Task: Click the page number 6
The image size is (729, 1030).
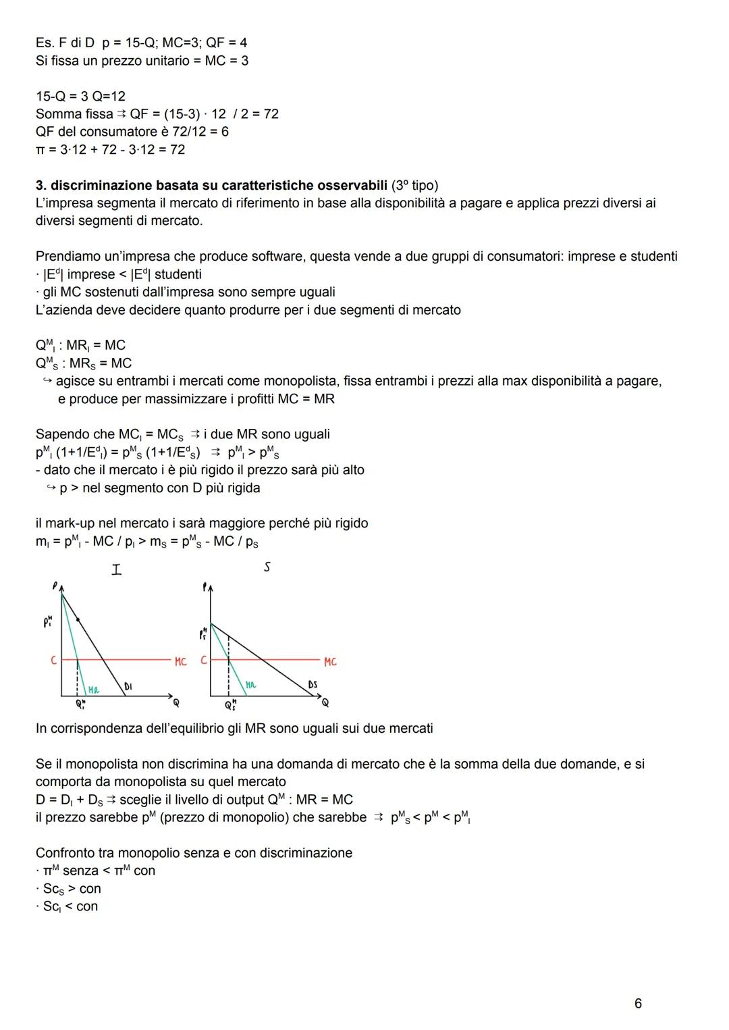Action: [638, 1004]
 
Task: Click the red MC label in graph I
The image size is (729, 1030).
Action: [180, 662]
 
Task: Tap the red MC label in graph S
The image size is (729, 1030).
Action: [329, 662]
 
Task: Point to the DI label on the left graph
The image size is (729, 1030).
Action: [128, 686]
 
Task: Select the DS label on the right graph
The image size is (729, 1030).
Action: [313, 685]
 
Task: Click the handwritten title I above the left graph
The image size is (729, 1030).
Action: [117, 570]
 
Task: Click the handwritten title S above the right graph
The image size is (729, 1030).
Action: [267, 567]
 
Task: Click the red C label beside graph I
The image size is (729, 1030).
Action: [54, 661]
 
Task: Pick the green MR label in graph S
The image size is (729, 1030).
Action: [250, 685]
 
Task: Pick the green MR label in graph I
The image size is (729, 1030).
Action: [94, 690]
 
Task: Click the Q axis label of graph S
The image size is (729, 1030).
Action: [325, 703]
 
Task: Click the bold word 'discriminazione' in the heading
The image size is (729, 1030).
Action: [102, 185]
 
